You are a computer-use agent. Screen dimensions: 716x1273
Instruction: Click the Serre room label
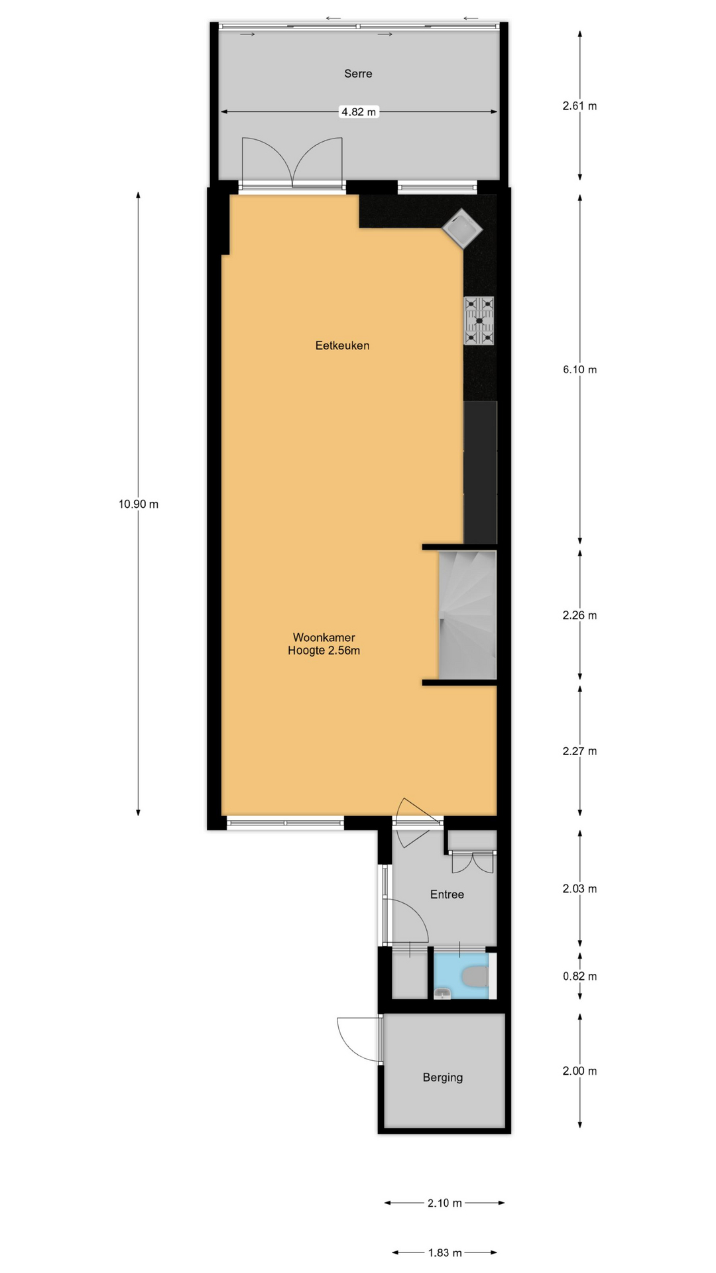click(x=358, y=74)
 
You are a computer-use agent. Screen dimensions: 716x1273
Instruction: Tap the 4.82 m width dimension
click(x=359, y=112)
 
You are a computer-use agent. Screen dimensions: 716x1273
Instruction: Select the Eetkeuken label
click(x=342, y=345)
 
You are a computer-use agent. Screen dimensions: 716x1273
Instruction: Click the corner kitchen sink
click(x=463, y=229)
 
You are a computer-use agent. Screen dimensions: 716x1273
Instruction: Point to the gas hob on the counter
click(x=479, y=321)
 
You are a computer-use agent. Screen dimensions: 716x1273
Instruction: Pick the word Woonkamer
click(x=324, y=638)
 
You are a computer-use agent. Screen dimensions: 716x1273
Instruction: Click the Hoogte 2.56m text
click(x=324, y=651)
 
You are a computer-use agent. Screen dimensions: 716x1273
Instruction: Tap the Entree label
click(x=447, y=894)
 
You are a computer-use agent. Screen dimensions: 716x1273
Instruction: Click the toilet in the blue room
click(x=475, y=977)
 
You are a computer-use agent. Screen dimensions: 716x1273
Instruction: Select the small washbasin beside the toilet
click(x=443, y=993)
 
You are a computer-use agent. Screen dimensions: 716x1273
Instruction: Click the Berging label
click(x=443, y=1077)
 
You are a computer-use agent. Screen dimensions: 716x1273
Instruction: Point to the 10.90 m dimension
click(x=139, y=504)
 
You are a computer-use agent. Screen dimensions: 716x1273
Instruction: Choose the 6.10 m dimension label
click(x=580, y=369)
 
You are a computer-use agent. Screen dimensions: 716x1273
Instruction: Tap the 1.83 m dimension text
click(x=445, y=1252)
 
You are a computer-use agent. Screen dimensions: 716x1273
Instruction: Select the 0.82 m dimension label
click(x=580, y=976)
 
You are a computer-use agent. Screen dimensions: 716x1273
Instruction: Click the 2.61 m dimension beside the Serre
click(x=580, y=105)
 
